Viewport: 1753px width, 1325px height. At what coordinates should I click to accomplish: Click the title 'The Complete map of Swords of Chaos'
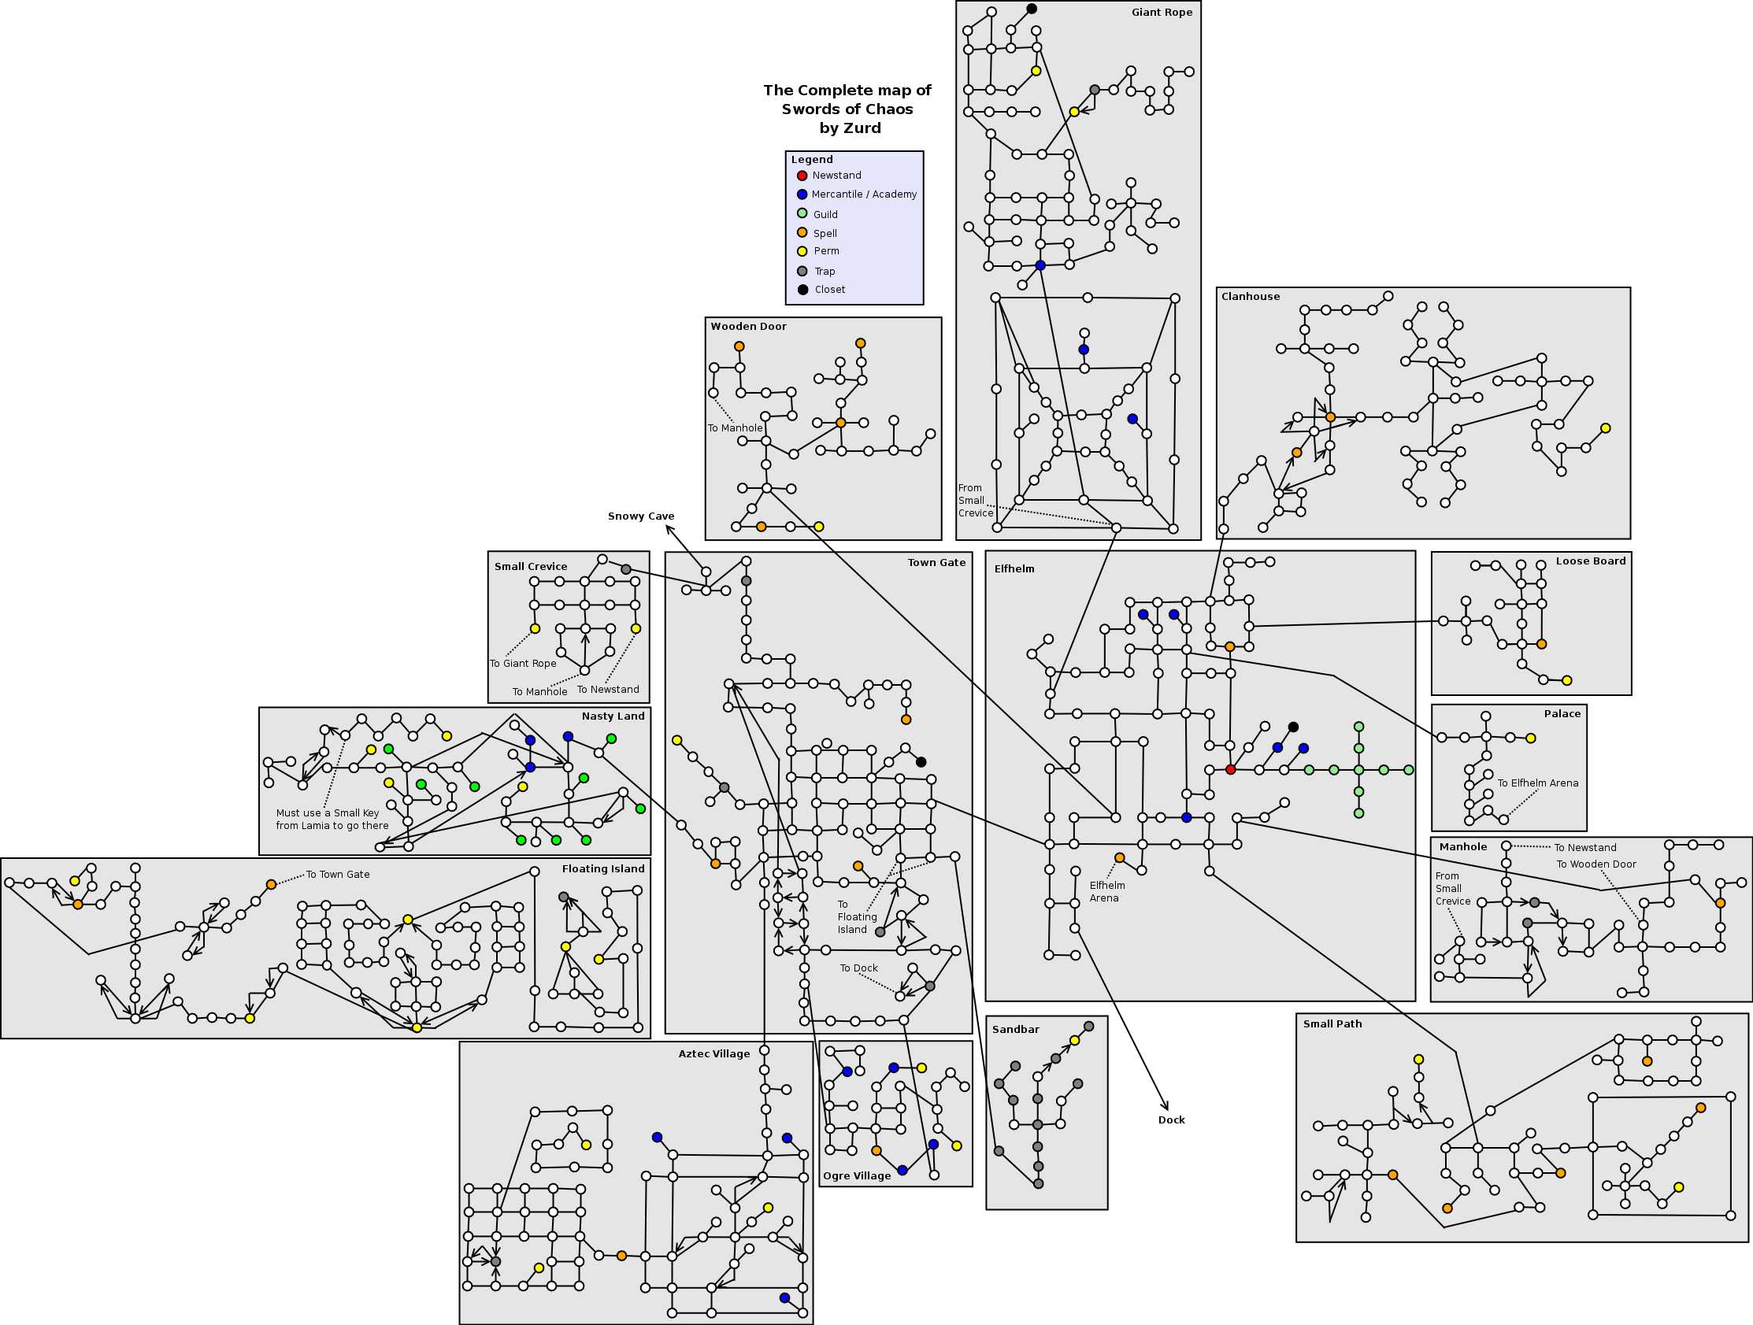tap(847, 100)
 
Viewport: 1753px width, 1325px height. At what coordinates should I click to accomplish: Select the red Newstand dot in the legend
tap(802, 175)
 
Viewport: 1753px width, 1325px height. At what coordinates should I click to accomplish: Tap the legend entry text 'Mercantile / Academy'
tap(864, 194)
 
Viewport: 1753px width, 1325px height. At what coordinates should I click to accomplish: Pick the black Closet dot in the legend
tap(802, 289)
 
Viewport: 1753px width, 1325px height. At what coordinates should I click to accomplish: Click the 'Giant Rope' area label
tap(1162, 13)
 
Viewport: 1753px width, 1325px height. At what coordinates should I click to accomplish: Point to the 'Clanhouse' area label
tap(1251, 297)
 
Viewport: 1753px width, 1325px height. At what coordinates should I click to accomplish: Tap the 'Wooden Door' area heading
tap(748, 327)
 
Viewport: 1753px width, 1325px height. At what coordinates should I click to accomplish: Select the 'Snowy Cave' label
tap(641, 516)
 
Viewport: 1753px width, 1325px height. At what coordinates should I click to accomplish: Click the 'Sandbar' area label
tap(1015, 1030)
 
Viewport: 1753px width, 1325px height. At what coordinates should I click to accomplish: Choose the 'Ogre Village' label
tap(857, 1176)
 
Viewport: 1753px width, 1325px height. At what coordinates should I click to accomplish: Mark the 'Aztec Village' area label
tap(714, 1054)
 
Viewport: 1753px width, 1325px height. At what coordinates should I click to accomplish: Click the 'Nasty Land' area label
tap(613, 716)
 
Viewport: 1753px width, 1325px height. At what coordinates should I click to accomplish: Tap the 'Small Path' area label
tap(1333, 1023)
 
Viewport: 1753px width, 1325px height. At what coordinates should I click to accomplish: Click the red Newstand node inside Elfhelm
tap(1231, 769)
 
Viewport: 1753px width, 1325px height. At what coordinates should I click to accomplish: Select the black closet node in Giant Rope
tap(1032, 9)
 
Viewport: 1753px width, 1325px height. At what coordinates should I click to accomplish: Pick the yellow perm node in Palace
tap(1531, 738)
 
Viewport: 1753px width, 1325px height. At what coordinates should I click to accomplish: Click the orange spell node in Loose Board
tap(1541, 644)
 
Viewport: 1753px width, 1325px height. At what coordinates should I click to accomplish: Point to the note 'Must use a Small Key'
tap(328, 813)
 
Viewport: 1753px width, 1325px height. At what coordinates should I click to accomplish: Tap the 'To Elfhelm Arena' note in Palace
tap(1537, 783)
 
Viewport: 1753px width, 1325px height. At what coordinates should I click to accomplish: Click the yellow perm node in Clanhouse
tap(1606, 428)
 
